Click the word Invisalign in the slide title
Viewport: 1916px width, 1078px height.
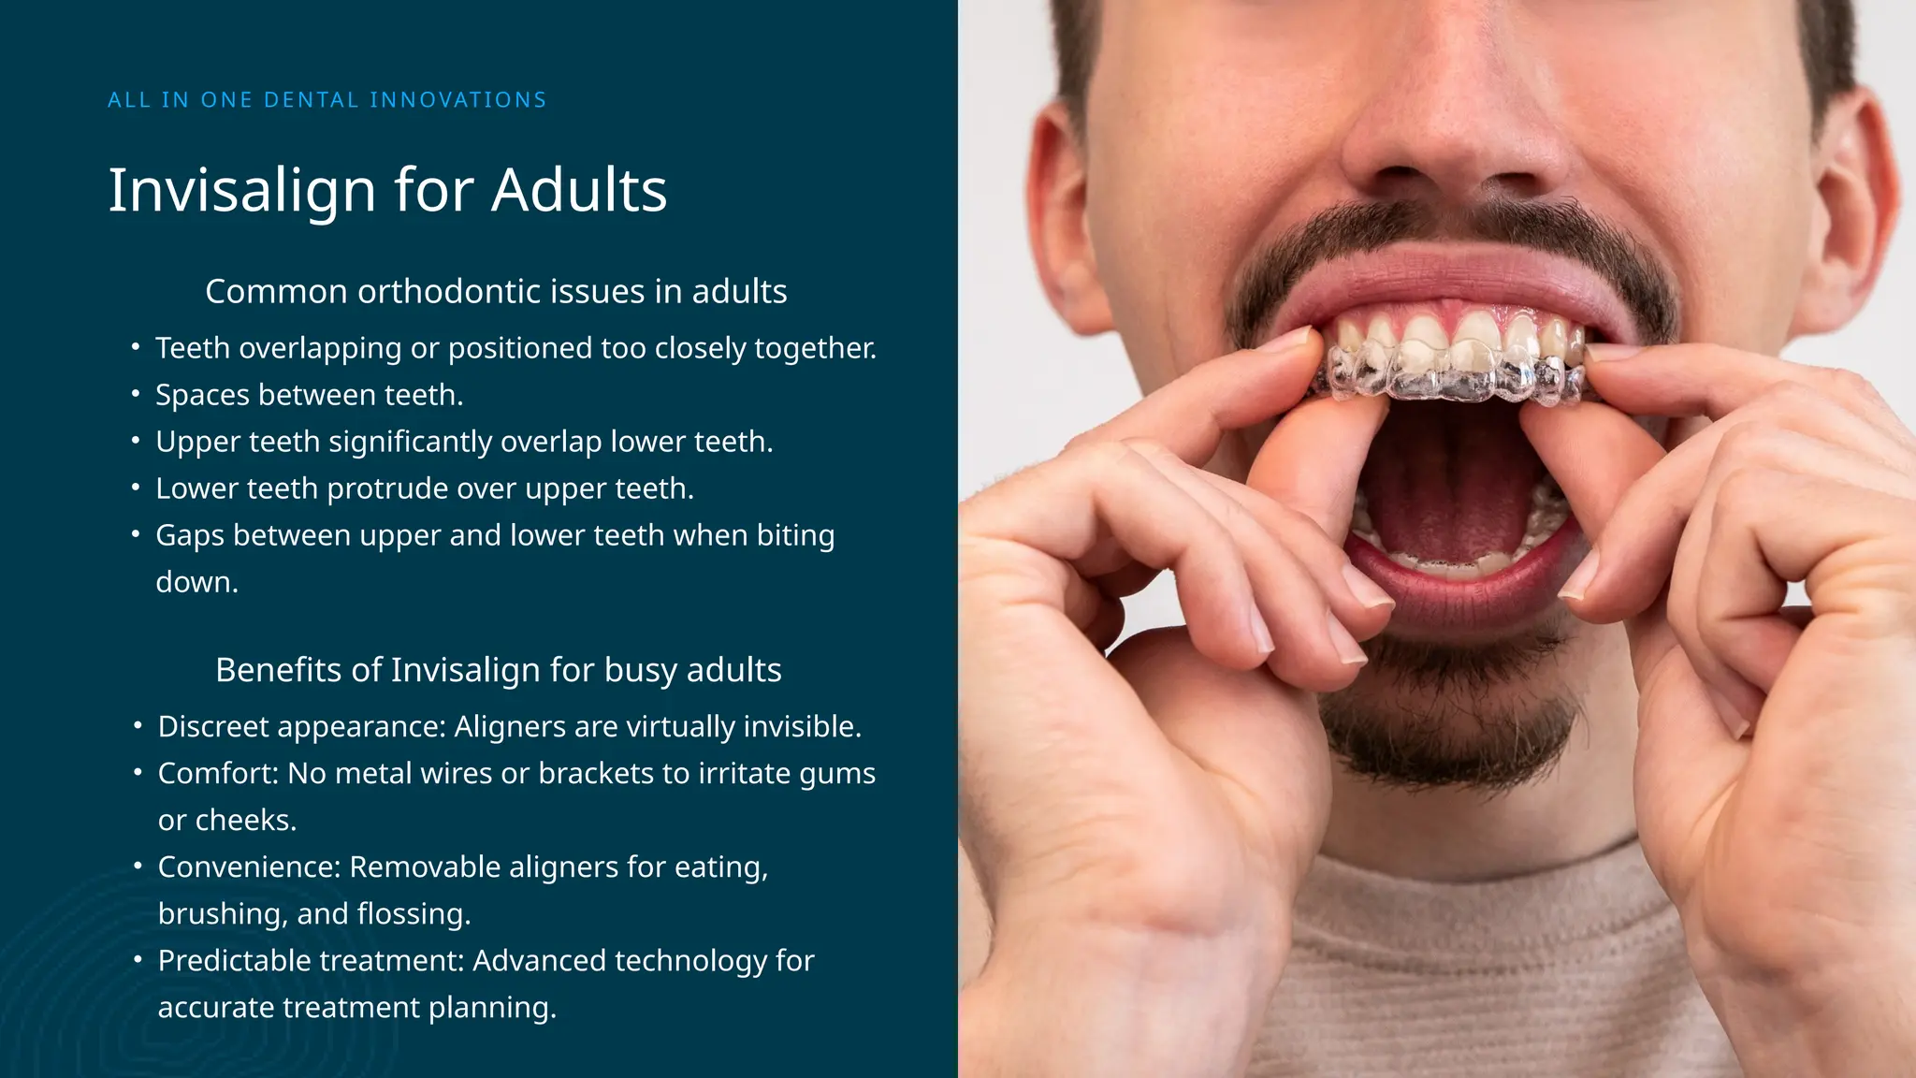(x=242, y=191)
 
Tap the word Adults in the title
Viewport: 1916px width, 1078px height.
(x=579, y=191)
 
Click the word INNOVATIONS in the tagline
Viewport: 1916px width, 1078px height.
(x=457, y=100)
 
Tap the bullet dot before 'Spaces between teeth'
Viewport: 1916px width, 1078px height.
(x=136, y=394)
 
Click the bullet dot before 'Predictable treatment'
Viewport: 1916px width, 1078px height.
(x=138, y=960)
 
